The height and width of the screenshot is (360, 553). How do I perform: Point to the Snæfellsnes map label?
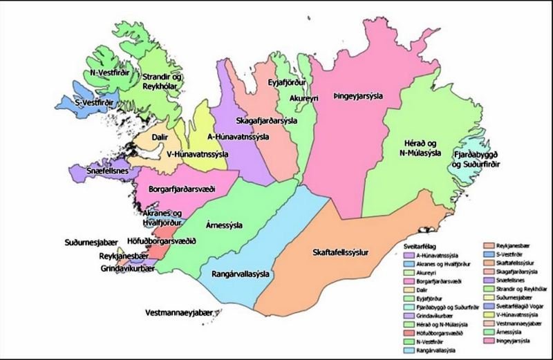[x=96, y=170]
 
